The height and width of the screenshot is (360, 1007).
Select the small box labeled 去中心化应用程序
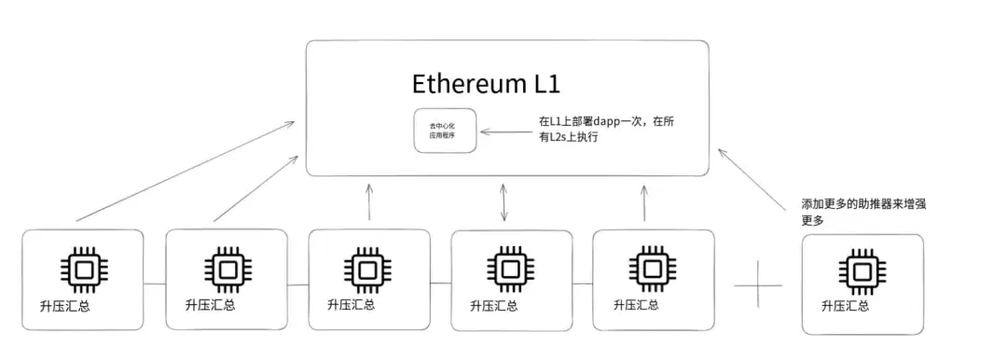(x=445, y=131)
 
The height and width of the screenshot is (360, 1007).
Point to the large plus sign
(x=758, y=283)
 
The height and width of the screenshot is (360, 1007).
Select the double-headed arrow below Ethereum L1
(x=504, y=202)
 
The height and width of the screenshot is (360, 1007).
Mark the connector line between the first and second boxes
(x=155, y=282)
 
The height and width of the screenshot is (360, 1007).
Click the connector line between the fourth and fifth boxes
(x=583, y=283)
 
